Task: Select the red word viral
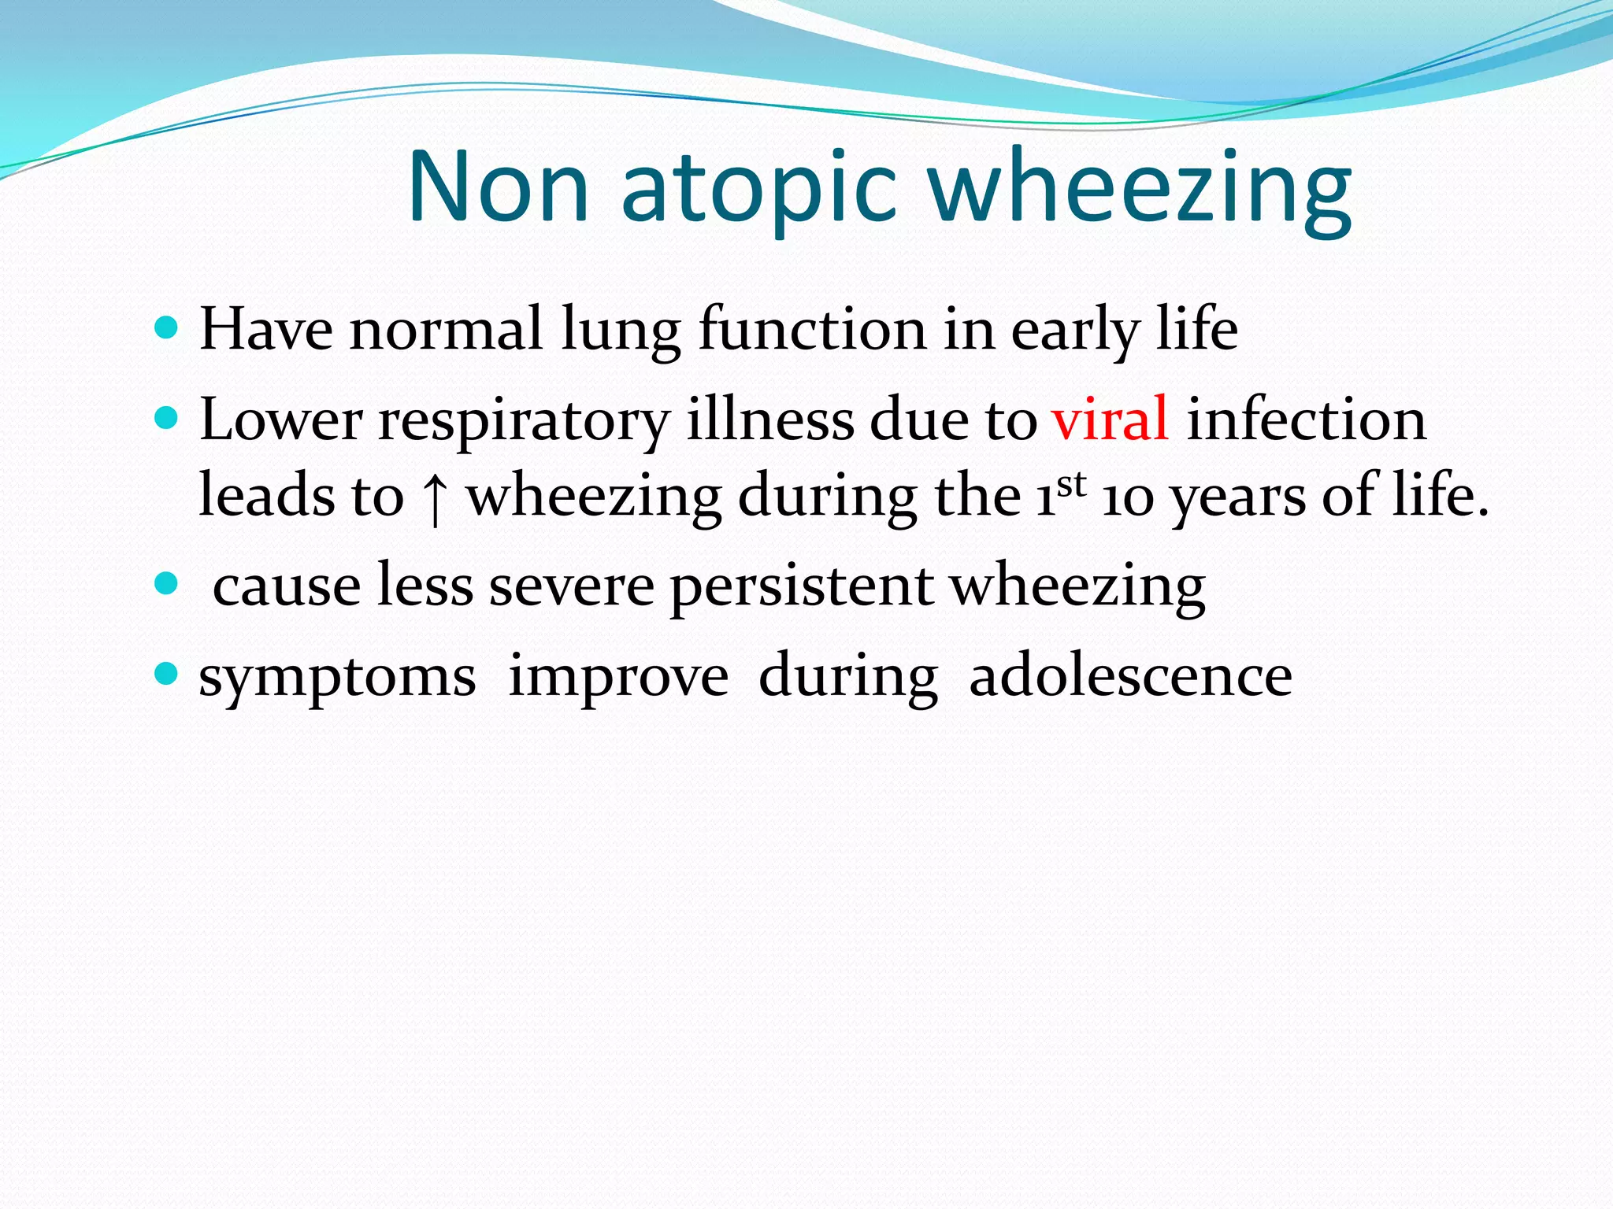(1110, 419)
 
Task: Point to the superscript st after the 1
(1071, 483)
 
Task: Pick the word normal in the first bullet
(446, 328)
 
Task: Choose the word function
(812, 328)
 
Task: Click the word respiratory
(524, 422)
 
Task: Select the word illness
(770, 419)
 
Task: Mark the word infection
(1306, 419)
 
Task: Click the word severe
(571, 587)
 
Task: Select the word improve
(618, 677)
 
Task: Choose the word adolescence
(1130, 675)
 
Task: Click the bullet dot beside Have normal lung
(166, 327)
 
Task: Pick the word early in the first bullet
(1075, 331)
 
